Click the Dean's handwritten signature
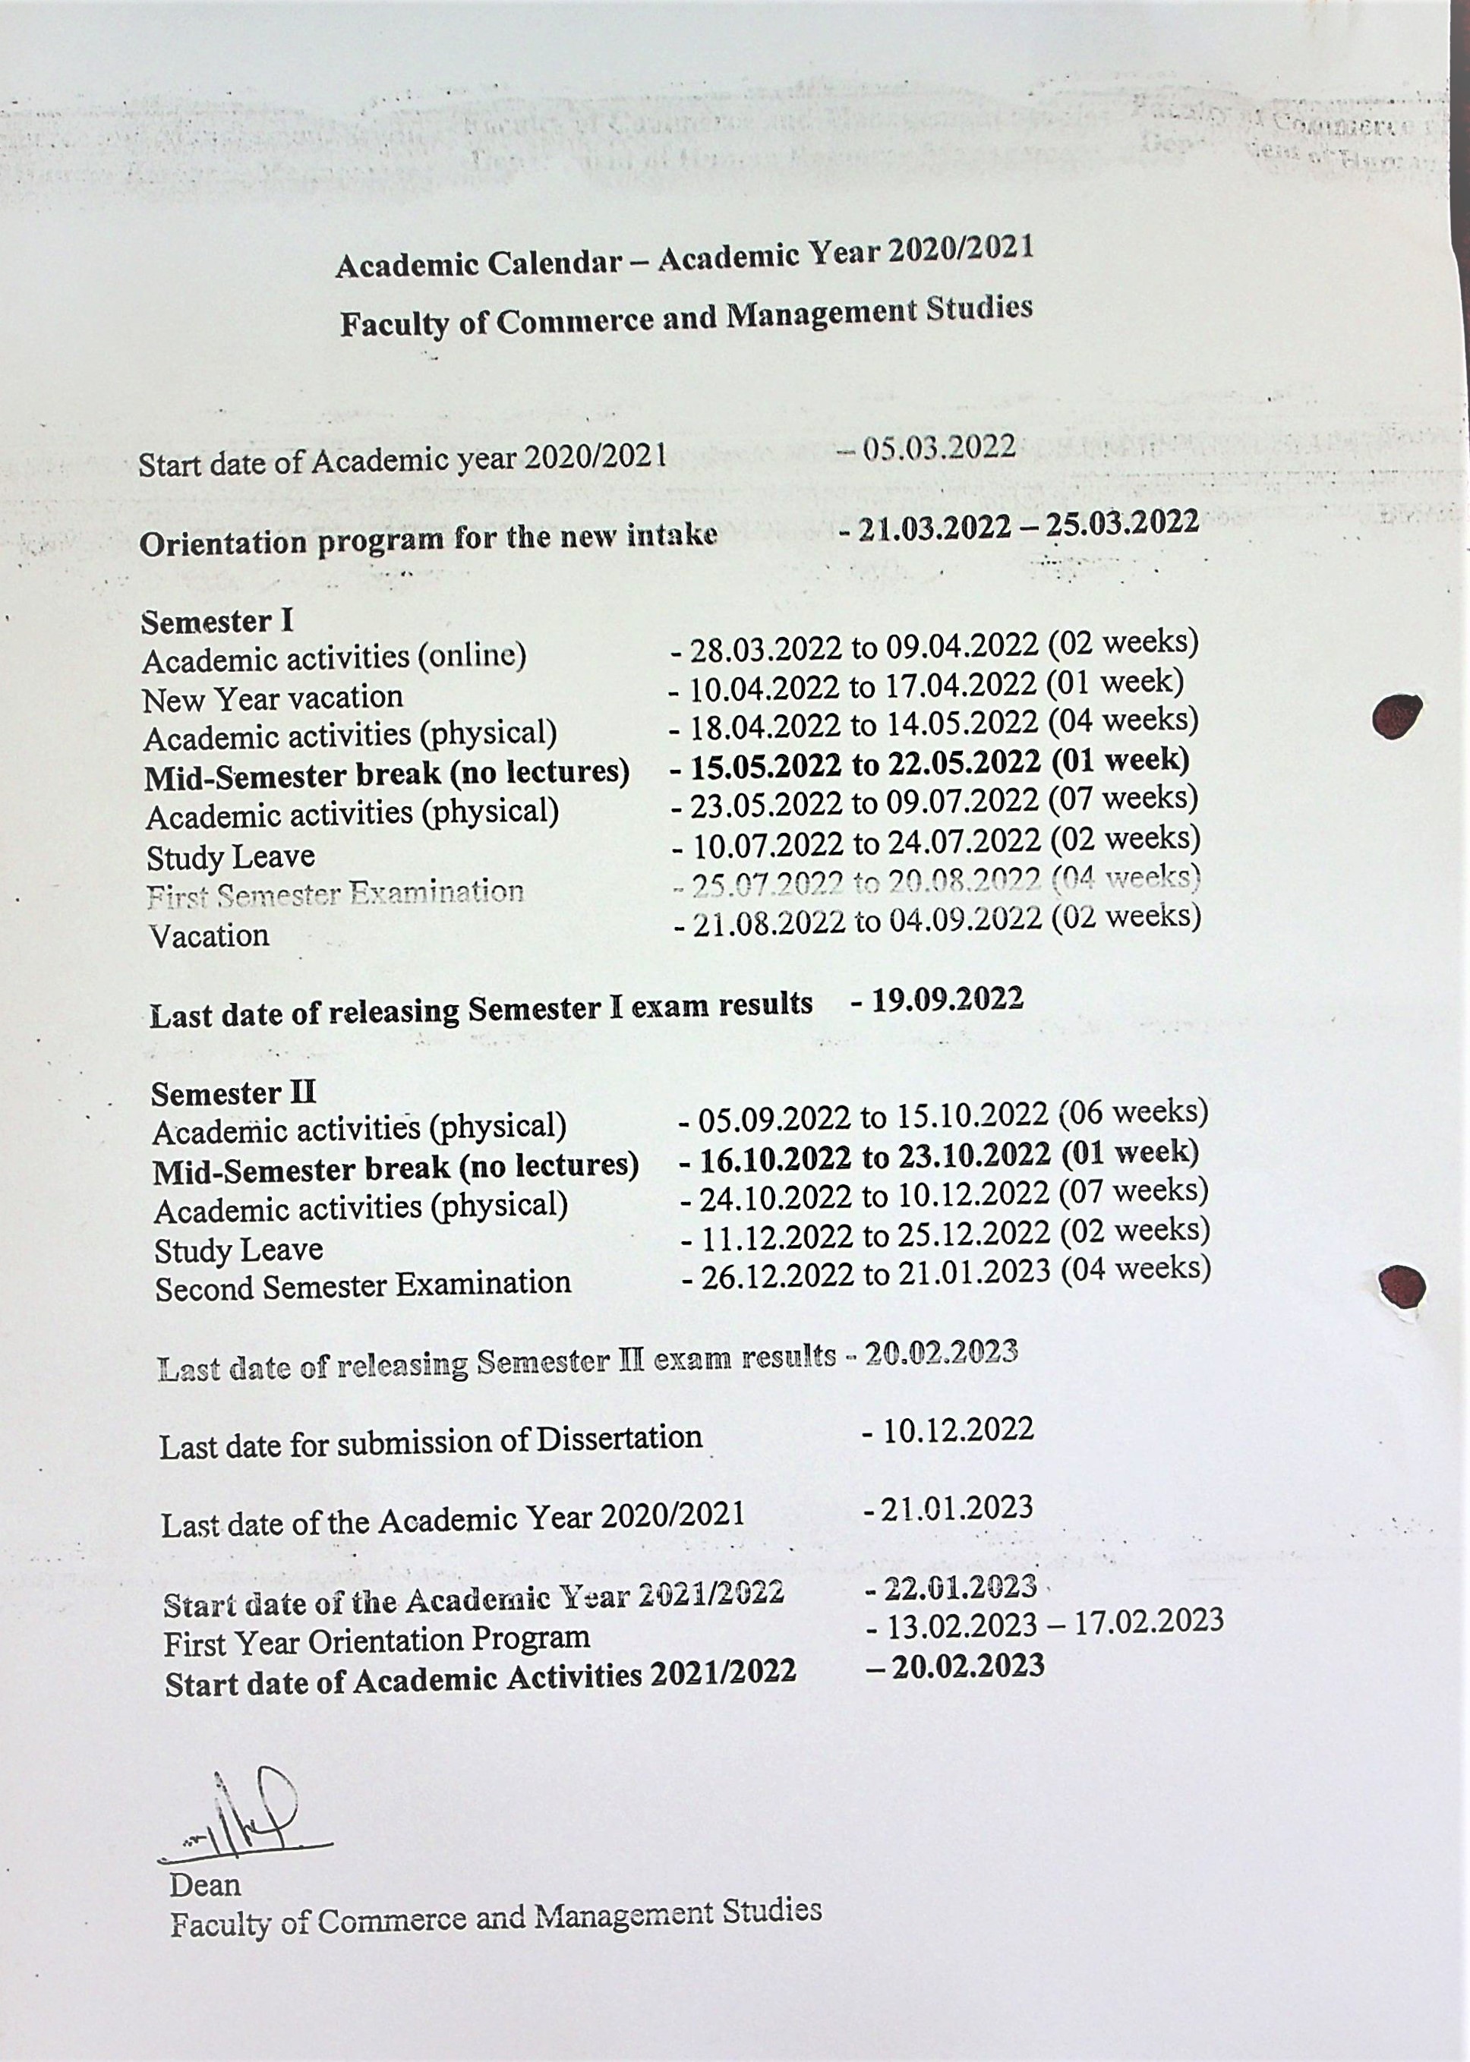(244, 1811)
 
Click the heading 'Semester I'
(217, 622)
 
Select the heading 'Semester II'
(234, 1093)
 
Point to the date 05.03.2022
(938, 448)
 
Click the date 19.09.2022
(947, 999)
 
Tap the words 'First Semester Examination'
(336, 894)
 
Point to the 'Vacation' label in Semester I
(209, 935)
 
